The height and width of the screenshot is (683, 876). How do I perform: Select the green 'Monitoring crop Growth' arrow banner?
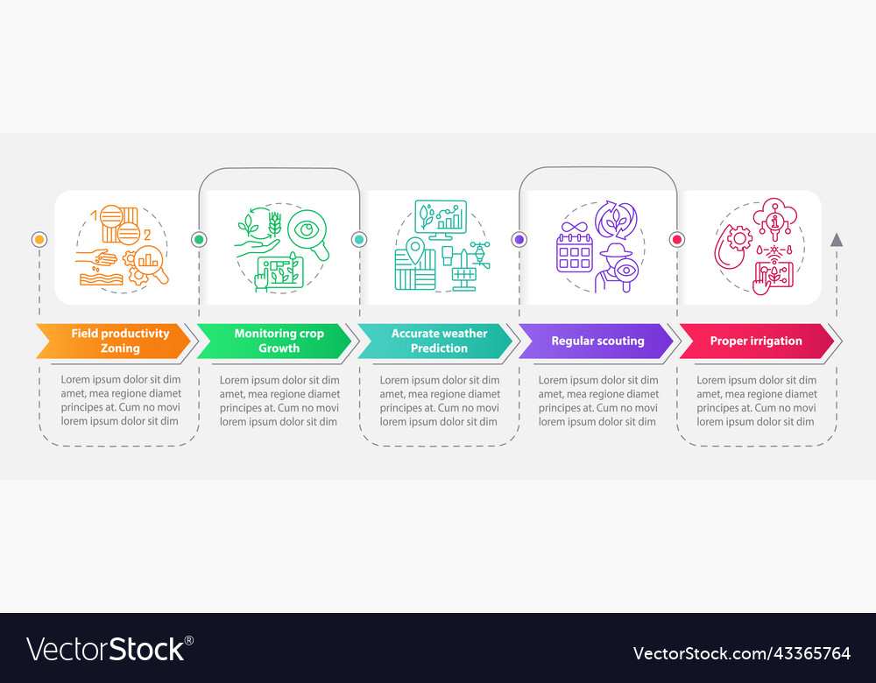273,341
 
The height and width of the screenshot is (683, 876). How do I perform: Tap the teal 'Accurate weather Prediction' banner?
434,341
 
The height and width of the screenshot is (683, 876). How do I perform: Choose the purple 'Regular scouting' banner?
596,341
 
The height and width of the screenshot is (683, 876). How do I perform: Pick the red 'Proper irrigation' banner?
756,341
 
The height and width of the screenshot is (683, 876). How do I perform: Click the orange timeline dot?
39,240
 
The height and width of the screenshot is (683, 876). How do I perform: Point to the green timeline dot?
199,240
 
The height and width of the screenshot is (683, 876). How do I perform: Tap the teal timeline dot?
359,240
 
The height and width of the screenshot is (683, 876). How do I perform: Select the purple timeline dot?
519,240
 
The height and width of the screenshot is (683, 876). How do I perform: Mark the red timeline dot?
677,240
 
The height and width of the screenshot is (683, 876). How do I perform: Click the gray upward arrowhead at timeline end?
837,240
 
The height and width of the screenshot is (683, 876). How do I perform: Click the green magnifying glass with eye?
308,235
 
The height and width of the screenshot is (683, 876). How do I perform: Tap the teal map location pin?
415,250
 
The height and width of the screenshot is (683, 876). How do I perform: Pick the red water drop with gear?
733,246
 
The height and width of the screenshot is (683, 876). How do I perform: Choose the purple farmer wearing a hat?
616,267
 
